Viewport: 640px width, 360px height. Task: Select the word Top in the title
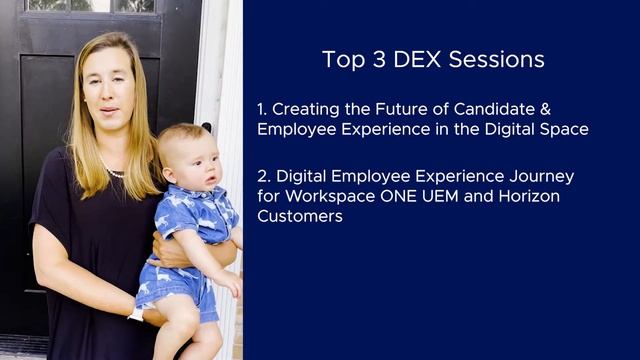340,60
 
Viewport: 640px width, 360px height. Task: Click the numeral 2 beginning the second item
261,176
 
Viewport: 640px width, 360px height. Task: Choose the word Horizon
524,196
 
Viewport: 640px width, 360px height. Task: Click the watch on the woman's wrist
137,313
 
